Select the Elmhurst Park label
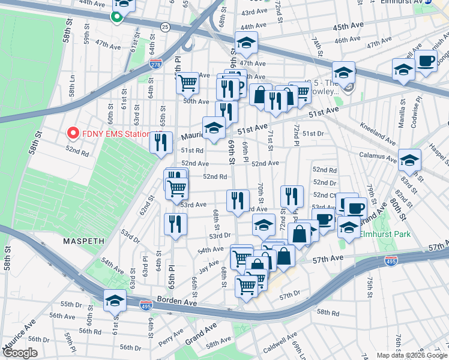click(x=385, y=234)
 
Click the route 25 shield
click(x=164, y=26)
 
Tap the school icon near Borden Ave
click(x=115, y=300)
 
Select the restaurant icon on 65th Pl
click(x=175, y=224)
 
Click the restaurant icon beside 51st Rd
click(x=160, y=143)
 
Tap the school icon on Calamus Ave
click(x=409, y=160)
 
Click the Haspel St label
click(x=441, y=158)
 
